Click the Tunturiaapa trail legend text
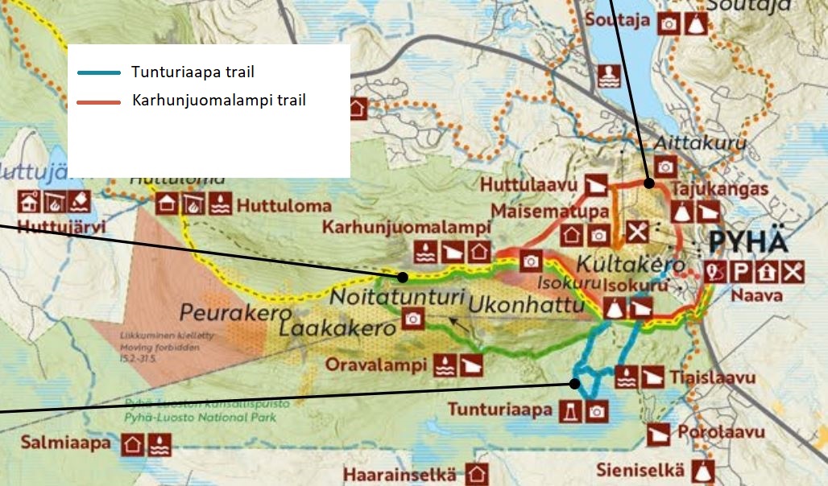193,72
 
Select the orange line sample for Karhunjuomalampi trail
99,101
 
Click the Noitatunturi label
399,297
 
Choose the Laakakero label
337,328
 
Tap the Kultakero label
630,264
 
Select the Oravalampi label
375,364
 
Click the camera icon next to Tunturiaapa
596,410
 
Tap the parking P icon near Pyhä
742,272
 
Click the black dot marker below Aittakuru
649,183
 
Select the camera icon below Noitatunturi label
413,320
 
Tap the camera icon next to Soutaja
668,23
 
